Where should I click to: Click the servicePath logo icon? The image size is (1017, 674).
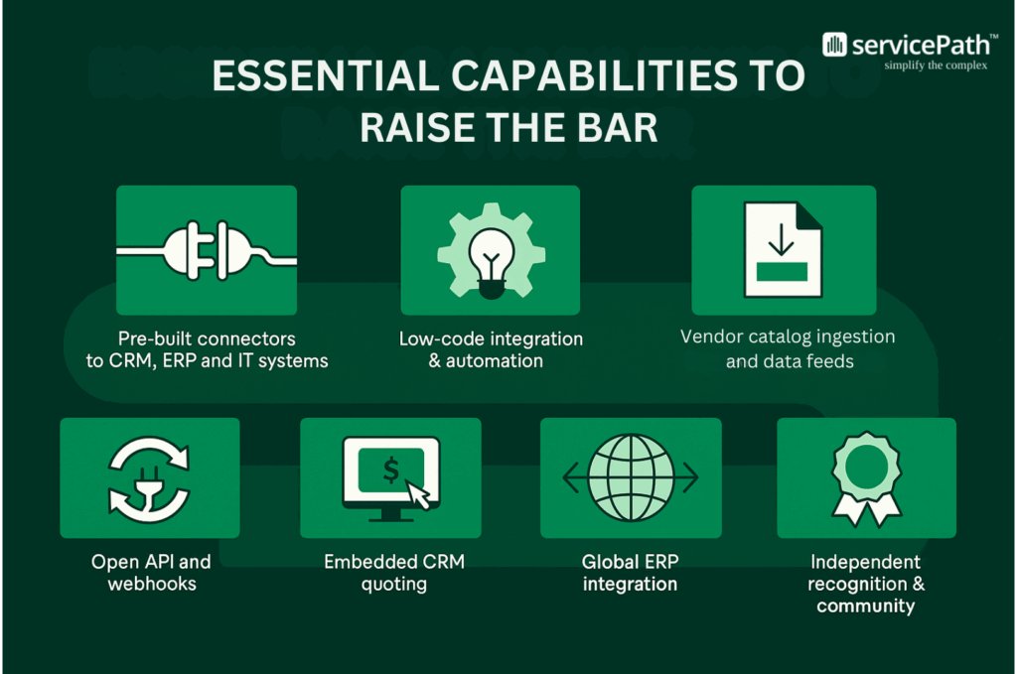tap(835, 45)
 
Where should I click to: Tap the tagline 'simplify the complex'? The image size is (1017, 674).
tap(936, 66)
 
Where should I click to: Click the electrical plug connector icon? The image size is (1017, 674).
tap(207, 250)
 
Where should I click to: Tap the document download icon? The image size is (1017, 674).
tap(783, 249)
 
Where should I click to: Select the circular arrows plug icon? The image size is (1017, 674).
tap(149, 478)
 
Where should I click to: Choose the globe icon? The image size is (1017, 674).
tap(630, 477)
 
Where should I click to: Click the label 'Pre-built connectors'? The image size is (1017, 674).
tap(207, 338)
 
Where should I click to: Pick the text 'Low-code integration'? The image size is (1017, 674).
tap(491, 338)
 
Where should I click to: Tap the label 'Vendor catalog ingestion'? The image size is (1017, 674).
tap(788, 337)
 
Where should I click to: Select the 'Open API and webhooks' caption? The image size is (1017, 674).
tap(150, 573)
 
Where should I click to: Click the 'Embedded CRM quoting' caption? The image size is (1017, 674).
tap(393, 573)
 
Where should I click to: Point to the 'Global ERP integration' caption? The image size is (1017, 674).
tap(630, 573)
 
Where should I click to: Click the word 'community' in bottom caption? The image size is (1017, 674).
tap(865, 606)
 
